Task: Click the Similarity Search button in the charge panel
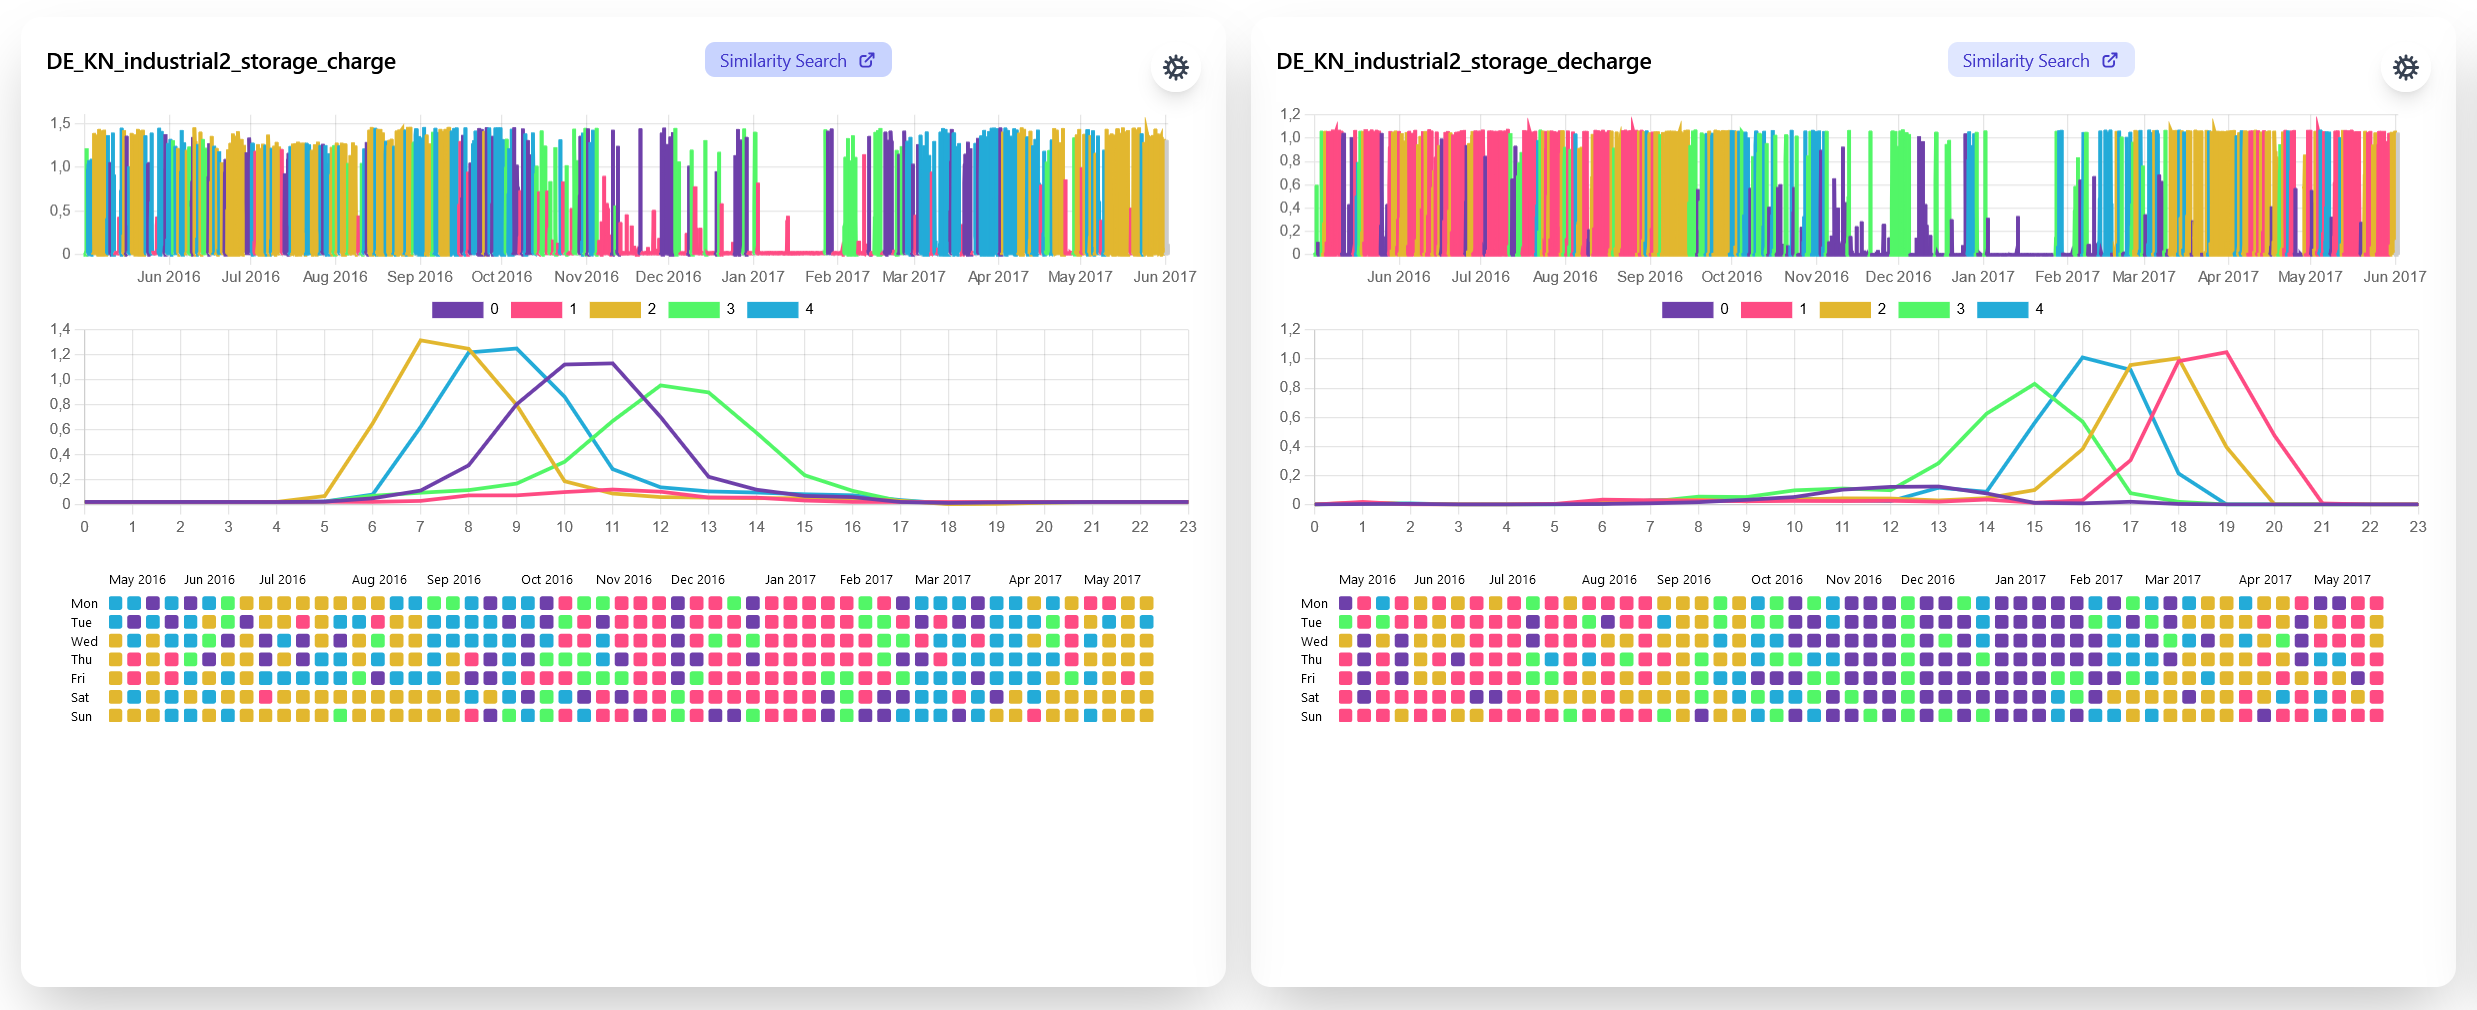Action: point(797,60)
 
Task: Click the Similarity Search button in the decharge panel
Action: point(2040,60)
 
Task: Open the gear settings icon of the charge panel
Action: point(1175,67)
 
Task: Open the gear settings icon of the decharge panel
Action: point(2405,67)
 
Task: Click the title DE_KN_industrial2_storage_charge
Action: point(221,61)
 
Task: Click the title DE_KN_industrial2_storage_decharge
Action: point(1463,61)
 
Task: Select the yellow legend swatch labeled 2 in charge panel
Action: point(614,310)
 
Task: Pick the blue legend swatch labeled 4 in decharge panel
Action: point(2002,310)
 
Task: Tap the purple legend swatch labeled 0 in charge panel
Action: point(457,310)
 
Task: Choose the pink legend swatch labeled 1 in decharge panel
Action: point(1766,310)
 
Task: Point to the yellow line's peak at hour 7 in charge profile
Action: point(420,341)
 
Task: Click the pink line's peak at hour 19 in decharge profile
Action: point(2226,352)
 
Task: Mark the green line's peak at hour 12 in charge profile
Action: point(661,385)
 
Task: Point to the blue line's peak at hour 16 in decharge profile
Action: point(2082,358)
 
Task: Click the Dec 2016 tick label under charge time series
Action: point(668,277)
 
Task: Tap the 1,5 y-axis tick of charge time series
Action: point(60,123)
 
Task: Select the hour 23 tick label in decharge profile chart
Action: point(2417,527)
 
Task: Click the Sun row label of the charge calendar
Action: point(81,717)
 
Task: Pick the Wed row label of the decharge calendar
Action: point(1314,642)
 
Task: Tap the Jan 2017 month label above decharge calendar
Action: point(2020,580)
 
